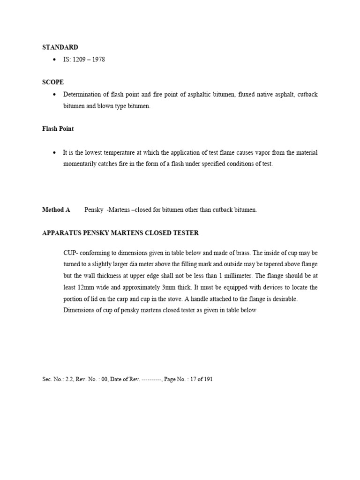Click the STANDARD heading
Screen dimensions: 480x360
[x=60, y=47]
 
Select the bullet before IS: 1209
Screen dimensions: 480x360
[x=55, y=60]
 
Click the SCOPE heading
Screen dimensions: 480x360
[x=53, y=82]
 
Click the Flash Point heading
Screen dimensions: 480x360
[x=58, y=128]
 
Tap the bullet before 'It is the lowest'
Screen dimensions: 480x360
[x=55, y=153]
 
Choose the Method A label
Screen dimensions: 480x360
[x=56, y=210]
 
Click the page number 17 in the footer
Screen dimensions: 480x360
[x=195, y=379]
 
